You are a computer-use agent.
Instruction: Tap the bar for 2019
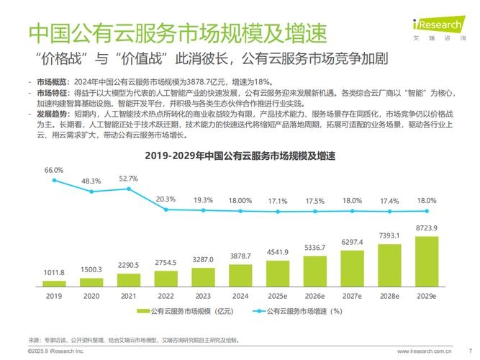[54, 284]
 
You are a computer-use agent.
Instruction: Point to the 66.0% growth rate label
[54, 170]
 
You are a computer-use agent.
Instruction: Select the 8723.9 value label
[427, 229]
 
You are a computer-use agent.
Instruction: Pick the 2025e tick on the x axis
[278, 295]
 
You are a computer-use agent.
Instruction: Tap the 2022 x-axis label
[166, 295]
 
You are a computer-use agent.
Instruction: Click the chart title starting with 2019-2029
[240, 156]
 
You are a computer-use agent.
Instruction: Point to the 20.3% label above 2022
[166, 199]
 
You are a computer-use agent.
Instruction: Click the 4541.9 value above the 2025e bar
[278, 252]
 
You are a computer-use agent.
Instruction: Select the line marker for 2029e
[427, 211]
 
